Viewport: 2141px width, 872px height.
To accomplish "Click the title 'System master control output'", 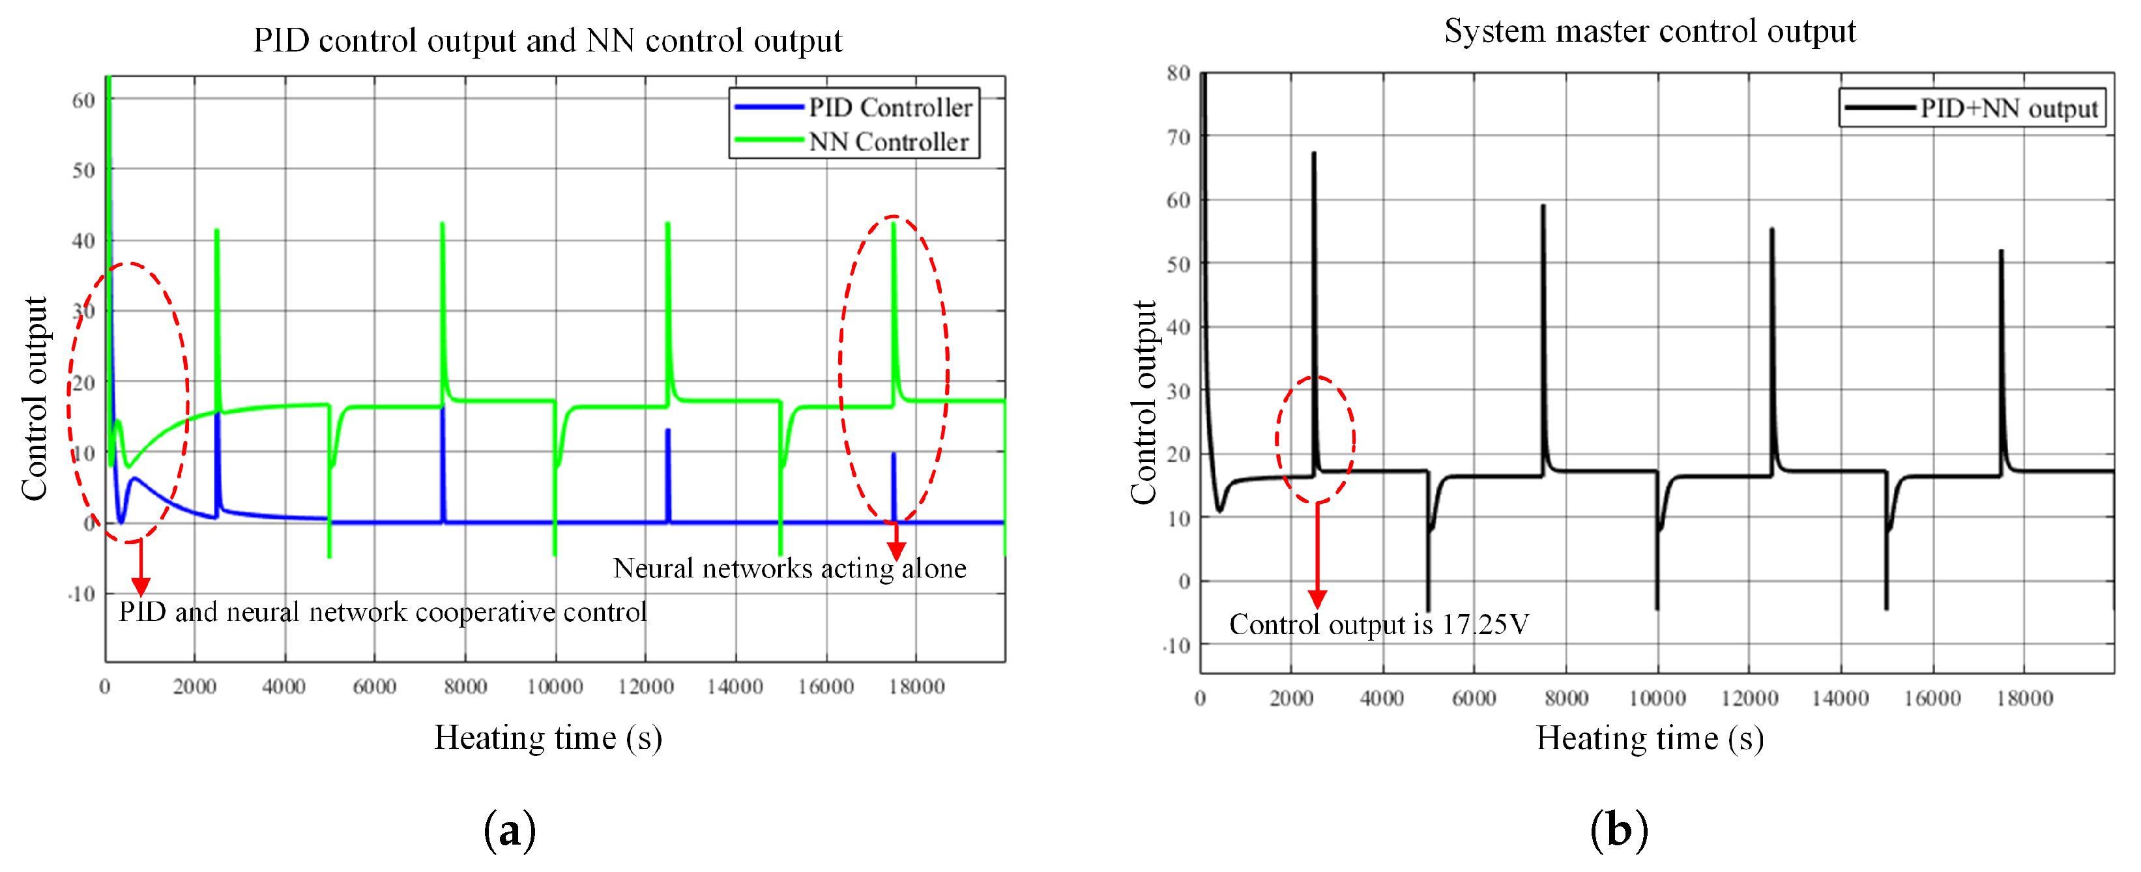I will [x=1649, y=31].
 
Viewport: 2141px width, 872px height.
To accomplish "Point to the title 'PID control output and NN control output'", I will [x=547, y=40].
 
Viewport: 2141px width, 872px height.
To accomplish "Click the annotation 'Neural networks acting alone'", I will [x=789, y=568].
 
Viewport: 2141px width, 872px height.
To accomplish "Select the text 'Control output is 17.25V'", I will [x=1379, y=624].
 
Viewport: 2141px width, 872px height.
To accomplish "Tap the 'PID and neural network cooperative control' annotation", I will [x=383, y=612].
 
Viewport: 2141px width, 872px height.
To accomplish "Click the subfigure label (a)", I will [x=510, y=830].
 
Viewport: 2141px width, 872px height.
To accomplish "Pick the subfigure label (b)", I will [x=1618, y=830].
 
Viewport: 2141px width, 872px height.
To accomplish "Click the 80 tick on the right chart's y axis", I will [x=1178, y=73].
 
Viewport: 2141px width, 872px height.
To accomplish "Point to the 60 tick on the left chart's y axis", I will [x=83, y=100].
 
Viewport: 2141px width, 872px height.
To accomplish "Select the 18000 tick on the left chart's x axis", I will [x=916, y=687].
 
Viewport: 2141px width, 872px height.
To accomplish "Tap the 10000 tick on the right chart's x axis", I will [x=1657, y=698].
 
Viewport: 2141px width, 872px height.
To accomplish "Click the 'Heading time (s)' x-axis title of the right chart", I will [x=1649, y=738].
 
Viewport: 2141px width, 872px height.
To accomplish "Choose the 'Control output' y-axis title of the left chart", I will [x=35, y=399].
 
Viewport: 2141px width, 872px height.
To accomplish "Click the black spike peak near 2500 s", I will [x=1314, y=154].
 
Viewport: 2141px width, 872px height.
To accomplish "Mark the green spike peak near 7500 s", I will [x=442, y=224].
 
